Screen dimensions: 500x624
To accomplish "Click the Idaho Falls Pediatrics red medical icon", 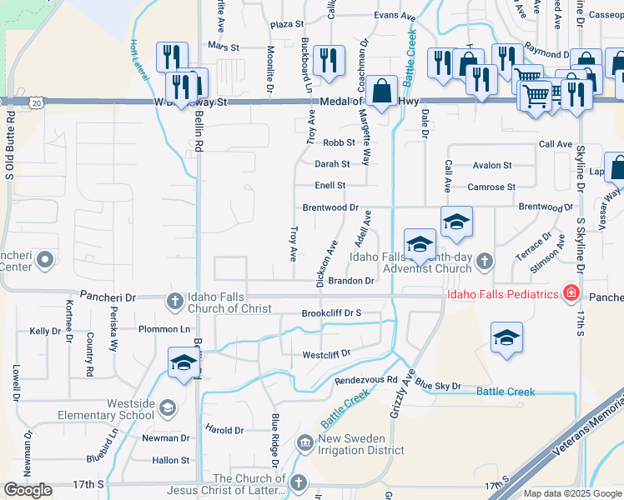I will point(571,292).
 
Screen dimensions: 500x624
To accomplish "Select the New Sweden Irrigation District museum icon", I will point(305,439).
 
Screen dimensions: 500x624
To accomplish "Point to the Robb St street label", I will point(340,142).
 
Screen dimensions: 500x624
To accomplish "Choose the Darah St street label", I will point(331,164).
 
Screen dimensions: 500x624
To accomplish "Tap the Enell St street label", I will point(330,185).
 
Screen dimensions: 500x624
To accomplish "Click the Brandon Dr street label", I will point(350,282).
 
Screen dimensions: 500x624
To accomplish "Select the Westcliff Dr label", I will point(325,354).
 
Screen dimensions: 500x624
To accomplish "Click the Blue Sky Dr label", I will point(437,386).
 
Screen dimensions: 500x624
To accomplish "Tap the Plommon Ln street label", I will point(164,329).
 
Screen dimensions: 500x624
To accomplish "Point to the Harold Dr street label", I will point(224,430).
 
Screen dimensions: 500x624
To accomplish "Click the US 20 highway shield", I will point(36,102).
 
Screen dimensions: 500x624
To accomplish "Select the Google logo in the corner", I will point(28,490).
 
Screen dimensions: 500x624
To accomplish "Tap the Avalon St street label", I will point(491,165).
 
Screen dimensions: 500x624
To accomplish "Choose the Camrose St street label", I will point(491,187).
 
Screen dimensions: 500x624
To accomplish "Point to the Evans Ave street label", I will point(395,16).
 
